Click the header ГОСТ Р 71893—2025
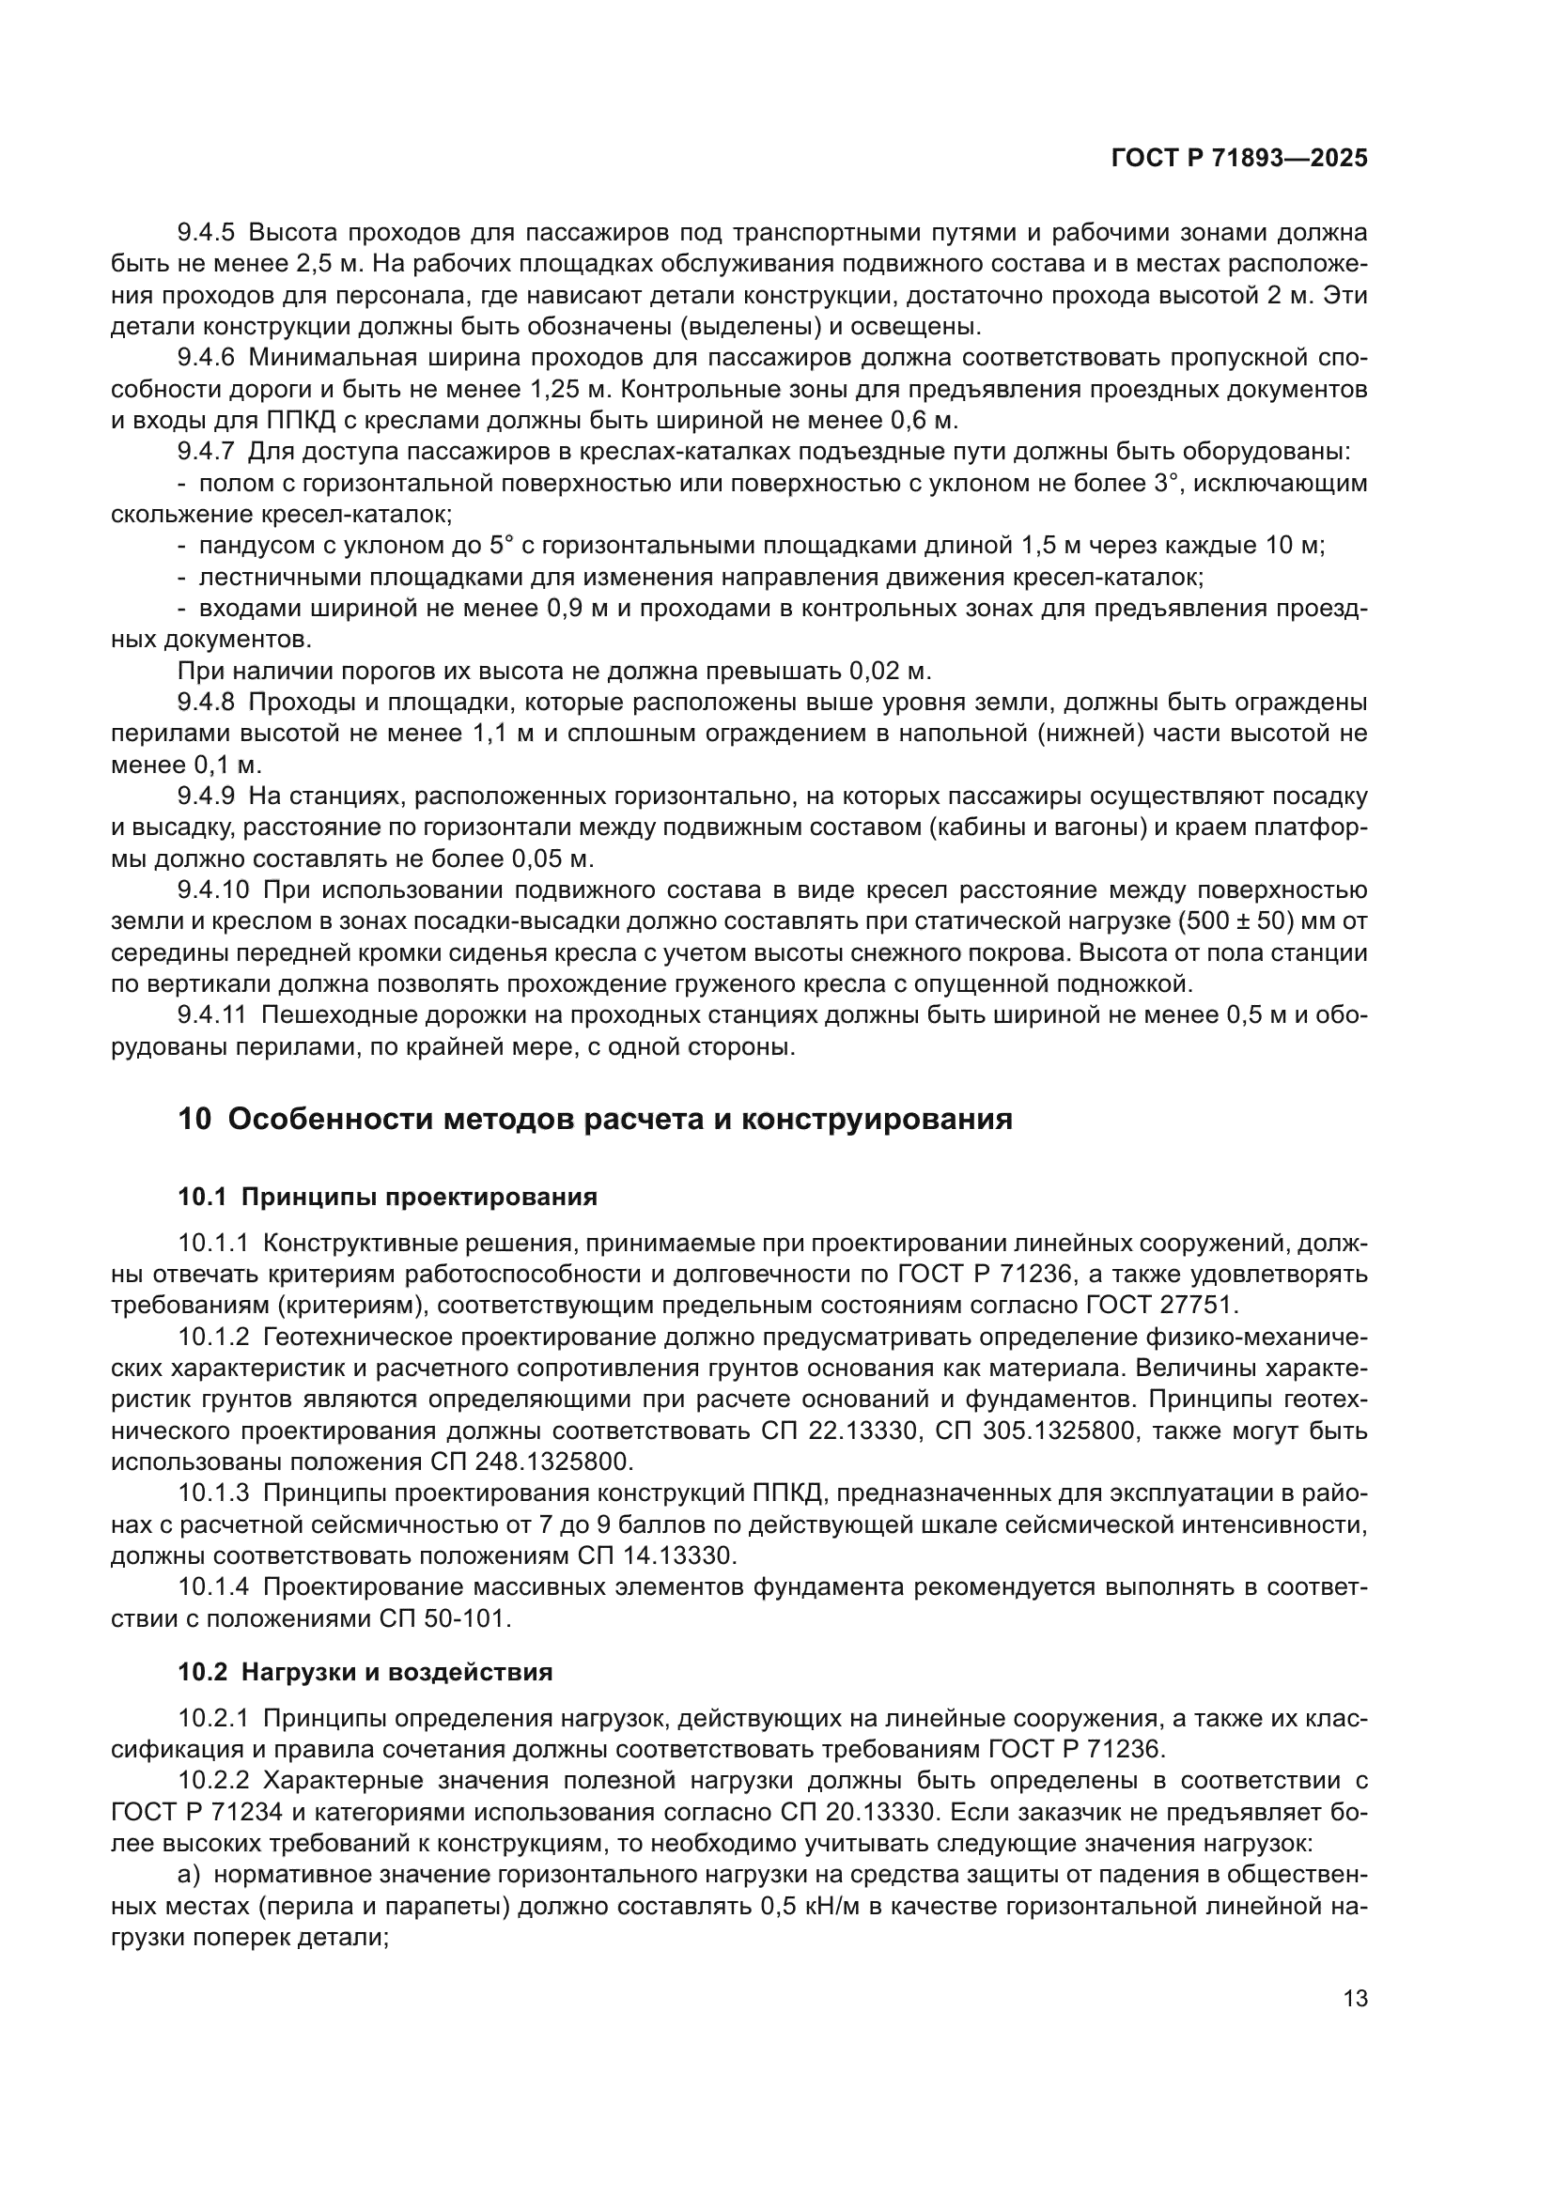pyautogui.click(x=1238, y=159)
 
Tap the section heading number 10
pyautogui.click(x=194, y=1119)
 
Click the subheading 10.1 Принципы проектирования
pyautogui.click(x=387, y=1197)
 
